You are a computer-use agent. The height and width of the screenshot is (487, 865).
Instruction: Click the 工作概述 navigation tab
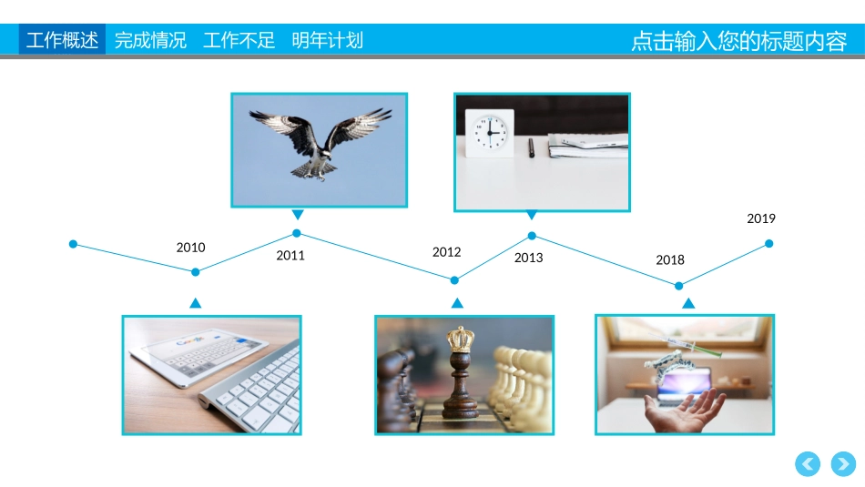point(62,40)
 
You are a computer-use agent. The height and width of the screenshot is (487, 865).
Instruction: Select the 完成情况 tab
point(150,40)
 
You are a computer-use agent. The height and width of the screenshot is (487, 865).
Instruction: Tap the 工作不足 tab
point(239,40)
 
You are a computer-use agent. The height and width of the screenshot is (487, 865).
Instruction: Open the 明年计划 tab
point(327,40)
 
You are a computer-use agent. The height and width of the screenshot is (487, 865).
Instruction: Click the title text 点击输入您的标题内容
point(738,41)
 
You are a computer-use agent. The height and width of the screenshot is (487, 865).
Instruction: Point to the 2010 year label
point(190,248)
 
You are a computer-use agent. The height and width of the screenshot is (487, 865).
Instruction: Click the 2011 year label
point(290,256)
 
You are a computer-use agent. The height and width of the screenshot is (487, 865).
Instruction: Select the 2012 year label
point(446,252)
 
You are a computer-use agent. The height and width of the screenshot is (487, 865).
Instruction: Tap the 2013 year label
point(528,258)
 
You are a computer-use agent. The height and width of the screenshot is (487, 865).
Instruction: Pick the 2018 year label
point(670,259)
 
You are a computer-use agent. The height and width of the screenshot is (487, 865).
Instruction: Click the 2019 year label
point(760,218)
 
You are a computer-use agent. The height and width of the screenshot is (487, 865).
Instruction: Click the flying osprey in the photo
point(320,143)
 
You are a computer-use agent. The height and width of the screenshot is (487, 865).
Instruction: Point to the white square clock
point(489,133)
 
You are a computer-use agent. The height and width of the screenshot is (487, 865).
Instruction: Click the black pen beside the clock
point(531,147)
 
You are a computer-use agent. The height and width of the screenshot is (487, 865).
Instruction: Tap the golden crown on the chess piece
point(460,339)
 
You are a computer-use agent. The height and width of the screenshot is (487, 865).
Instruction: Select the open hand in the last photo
point(685,411)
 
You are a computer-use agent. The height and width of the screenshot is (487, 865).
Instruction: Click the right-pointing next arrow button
point(843,464)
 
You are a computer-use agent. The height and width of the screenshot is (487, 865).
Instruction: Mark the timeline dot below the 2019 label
point(769,243)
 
